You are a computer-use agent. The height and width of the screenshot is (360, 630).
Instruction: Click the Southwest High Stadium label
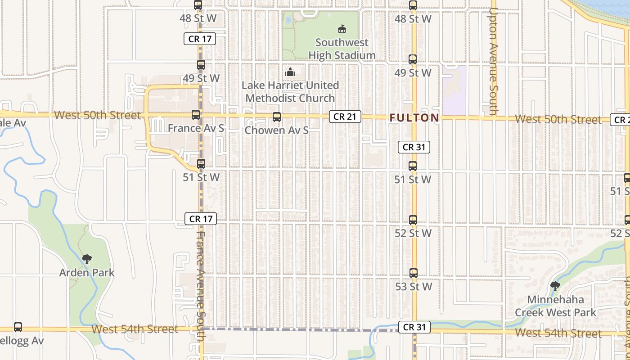pyautogui.click(x=342, y=49)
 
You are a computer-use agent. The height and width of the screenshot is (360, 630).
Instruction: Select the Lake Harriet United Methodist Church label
pyautogui.click(x=290, y=91)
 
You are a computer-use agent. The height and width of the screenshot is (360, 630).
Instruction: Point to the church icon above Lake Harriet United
pyautogui.click(x=290, y=72)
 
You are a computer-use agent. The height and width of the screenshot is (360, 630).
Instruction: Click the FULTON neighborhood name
pyautogui.click(x=414, y=118)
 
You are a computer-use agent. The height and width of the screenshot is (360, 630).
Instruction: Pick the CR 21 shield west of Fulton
pyautogui.click(x=345, y=117)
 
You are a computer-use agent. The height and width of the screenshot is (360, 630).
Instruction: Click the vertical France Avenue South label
pyautogui.click(x=201, y=283)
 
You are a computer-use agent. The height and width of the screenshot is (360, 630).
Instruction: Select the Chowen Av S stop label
pyautogui.click(x=277, y=130)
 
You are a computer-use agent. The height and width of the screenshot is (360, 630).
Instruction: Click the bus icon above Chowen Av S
pyautogui.click(x=277, y=117)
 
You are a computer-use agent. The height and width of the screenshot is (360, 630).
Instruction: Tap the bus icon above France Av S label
pyautogui.click(x=196, y=115)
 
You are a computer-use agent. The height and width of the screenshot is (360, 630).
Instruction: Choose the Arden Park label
pyautogui.click(x=87, y=273)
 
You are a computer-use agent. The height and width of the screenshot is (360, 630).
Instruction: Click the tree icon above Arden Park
pyautogui.click(x=87, y=259)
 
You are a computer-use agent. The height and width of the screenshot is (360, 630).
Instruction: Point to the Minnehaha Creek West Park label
pyautogui.click(x=555, y=306)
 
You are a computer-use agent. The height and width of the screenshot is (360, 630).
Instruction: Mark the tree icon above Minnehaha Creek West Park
pyautogui.click(x=555, y=286)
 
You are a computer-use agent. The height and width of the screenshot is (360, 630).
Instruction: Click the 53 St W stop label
pyautogui.click(x=414, y=287)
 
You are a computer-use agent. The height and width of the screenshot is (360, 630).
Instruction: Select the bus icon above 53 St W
pyautogui.click(x=414, y=273)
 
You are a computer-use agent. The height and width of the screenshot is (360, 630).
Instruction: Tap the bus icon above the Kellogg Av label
pyautogui.click(x=18, y=327)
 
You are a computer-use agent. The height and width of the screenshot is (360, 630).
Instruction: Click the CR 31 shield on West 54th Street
pyautogui.click(x=414, y=327)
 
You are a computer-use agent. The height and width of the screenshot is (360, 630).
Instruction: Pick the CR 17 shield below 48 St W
pyautogui.click(x=200, y=39)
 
